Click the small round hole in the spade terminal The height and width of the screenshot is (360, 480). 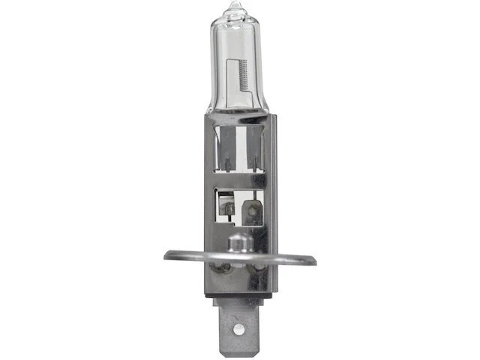point(238,328)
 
